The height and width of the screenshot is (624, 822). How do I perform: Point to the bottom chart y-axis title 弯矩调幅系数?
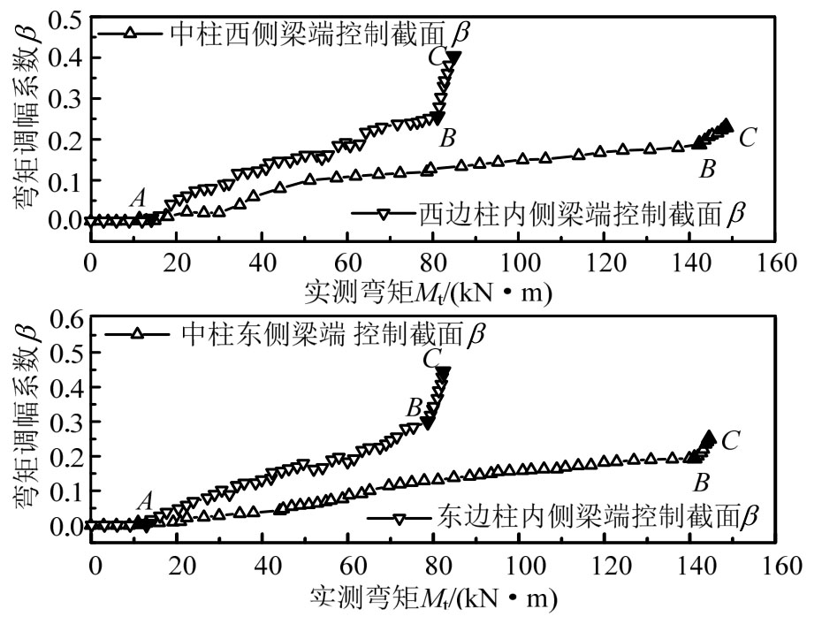(24, 423)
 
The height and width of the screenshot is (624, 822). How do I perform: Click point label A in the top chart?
(137, 200)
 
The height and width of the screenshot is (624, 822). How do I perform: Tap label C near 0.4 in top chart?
(435, 57)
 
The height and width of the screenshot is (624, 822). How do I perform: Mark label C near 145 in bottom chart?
(730, 440)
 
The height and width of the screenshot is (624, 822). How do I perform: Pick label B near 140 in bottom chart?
(703, 482)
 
